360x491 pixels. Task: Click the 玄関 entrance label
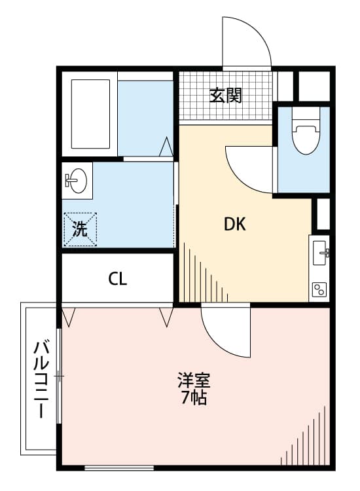226,96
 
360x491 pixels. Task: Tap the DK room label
234,225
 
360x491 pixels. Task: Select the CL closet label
118,279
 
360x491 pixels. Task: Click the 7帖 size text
194,398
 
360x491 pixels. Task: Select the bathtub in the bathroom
90,115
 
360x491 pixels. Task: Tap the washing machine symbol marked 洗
80,229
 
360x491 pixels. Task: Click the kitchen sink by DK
320,251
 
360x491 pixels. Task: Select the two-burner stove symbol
320,289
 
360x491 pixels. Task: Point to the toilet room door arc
249,169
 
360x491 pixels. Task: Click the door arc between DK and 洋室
226,331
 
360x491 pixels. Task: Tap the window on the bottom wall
119,467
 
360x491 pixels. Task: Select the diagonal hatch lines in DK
203,275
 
